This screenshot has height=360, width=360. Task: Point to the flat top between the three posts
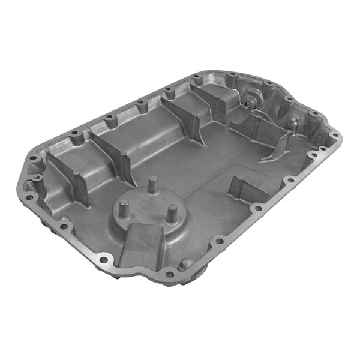[149, 207]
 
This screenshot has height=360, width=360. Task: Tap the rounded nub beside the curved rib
[292, 124]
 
